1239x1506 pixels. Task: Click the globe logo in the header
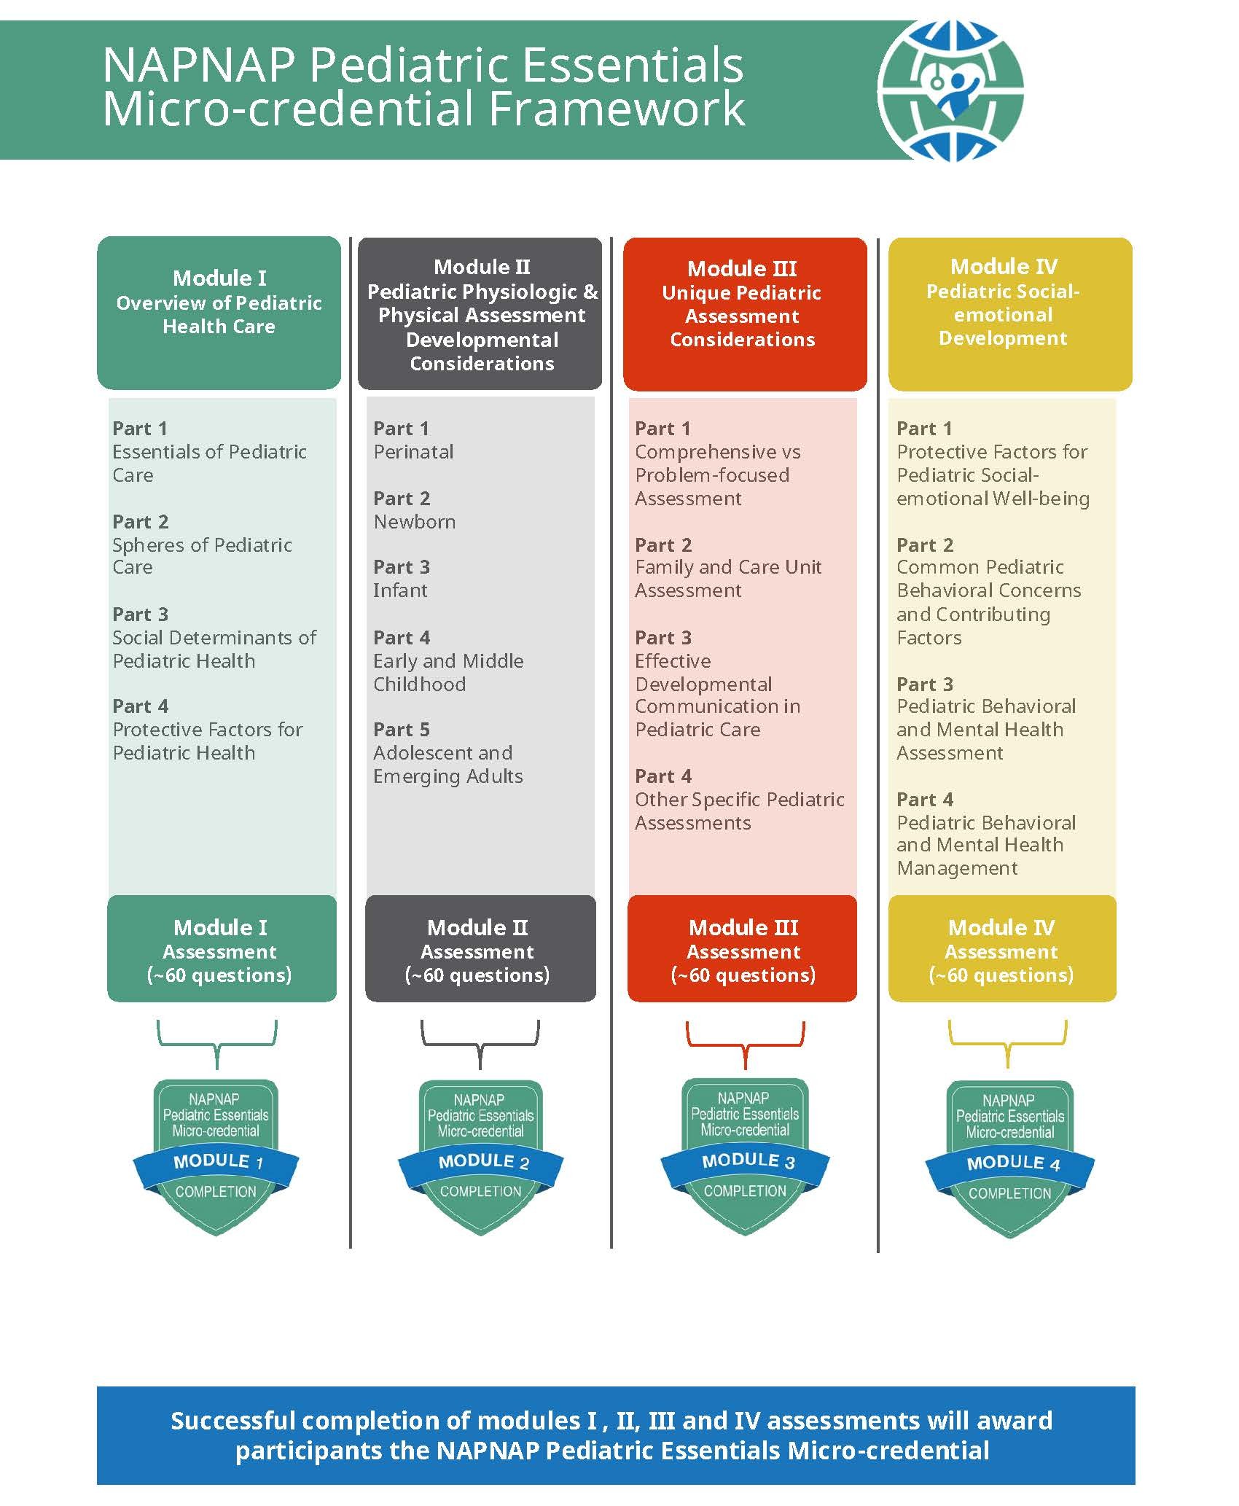tap(950, 91)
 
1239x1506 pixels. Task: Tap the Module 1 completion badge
tap(216, 1158)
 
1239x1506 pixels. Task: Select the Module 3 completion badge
tap(745, 1157)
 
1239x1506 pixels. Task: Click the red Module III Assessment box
tap(743, 949)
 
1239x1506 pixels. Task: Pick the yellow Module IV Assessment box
tap(1002, 949)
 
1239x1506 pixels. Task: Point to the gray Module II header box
tap(480, 313)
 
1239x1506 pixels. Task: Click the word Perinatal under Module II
tap(413, 452)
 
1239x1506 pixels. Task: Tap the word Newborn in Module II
tap(415, 522)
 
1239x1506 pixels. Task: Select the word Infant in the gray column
tap(400, 590)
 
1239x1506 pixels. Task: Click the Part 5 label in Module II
tap(402, 730)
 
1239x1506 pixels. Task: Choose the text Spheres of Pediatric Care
tap(202, 556)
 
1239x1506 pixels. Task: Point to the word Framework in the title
tap(617, 109)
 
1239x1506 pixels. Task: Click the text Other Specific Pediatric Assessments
tap(740, 811)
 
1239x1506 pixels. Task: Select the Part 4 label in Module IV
tap(925, 800)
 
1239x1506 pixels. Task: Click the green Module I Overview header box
tap(219, 313)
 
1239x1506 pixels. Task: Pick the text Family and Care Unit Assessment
tap(728, 579)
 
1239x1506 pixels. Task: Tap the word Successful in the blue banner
tap(233, 1420)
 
